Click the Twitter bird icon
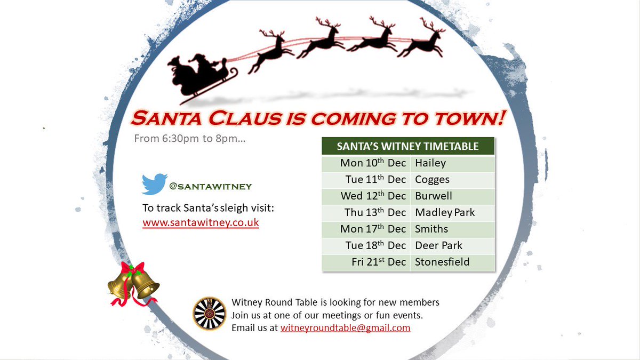click(x=155, y=184)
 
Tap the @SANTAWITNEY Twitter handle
click(x=210, y=187)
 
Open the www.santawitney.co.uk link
click(x=201, y=223)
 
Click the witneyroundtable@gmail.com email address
click(x=345, y=328)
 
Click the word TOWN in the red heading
click(x=468, y=118)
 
